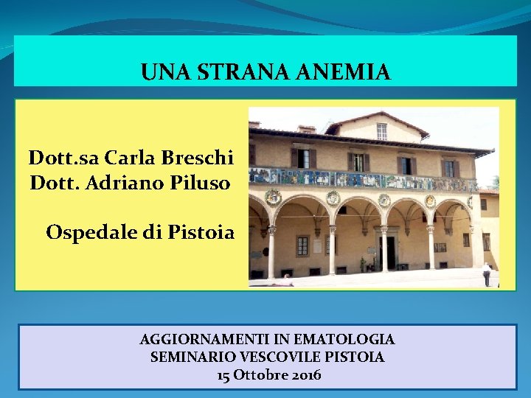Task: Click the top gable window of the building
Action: (381, 131)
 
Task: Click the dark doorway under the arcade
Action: (389, 253)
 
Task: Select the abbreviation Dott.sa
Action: (63, 158)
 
